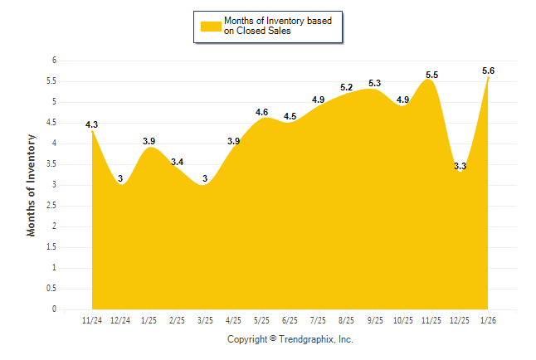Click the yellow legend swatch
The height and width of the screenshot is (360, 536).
(211, 26)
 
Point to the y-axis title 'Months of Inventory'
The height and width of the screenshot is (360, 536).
(32, 185)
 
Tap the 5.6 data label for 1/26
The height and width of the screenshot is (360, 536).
(489, 71)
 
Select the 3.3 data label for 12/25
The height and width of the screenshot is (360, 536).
(460, 166)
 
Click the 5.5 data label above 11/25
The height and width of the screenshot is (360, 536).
(431, 75)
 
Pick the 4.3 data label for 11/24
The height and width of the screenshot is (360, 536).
(91, 124)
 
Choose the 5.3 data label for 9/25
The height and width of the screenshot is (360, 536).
(374, 83)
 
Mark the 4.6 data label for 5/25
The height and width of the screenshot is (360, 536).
(262, 112)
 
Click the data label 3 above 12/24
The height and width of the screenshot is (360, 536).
(120, 178)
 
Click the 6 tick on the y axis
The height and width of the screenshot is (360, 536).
(53, 61)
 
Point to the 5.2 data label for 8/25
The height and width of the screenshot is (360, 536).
(347, 87)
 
